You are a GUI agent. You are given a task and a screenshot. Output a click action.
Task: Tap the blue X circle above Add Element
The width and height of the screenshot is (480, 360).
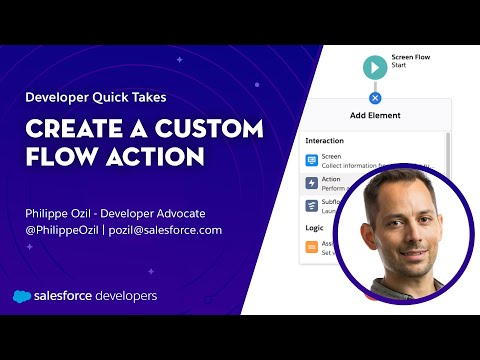(x=375, y=98)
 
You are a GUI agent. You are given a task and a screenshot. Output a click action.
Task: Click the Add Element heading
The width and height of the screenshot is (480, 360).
(x=375, y=115)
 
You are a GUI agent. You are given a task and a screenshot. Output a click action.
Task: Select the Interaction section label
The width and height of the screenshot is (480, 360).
(x=325, y=141)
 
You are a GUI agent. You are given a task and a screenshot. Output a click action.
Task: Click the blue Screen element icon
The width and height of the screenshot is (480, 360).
(x=312, y=160)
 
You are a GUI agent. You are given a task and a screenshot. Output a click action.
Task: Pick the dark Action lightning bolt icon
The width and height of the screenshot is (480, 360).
(x=312, y=184)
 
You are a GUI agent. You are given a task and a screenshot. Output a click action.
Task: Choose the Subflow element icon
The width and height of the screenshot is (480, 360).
(x=312, y=206)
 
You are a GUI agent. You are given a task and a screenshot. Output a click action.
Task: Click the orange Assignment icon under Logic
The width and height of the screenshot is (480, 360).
(x=312, y=246)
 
